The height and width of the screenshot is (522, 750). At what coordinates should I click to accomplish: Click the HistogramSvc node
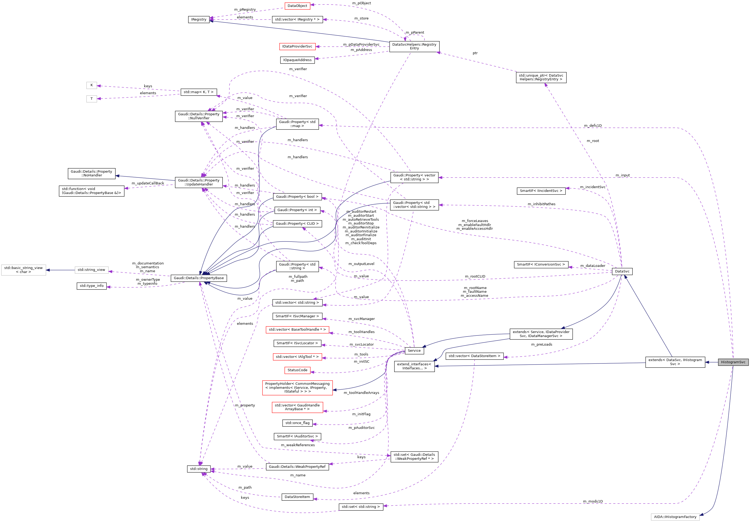click(733, 362)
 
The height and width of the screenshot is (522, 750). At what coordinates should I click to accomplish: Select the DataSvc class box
click(622, 271)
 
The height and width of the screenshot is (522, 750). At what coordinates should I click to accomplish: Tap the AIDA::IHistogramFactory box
click(675, 517)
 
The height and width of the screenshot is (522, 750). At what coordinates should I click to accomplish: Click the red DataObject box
click(297, 6)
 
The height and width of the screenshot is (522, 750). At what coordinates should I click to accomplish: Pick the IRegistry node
click(199, 19)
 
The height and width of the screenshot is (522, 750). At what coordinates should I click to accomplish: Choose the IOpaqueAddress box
click(297, 60)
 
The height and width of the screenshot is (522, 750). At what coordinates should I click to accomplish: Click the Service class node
click(414, 351)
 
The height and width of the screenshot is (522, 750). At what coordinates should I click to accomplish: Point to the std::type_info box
click(91, 286)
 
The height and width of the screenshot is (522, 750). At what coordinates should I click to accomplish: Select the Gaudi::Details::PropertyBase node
click(199, 278)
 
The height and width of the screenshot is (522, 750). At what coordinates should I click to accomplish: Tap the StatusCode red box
click(297, 370)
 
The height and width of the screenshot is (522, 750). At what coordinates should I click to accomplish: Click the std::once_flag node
click(297, 423)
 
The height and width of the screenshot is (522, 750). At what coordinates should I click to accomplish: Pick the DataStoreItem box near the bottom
click(297, 497)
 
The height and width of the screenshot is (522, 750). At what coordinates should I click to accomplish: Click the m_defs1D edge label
click(593, 126)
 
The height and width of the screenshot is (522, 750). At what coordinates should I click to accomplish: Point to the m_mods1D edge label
click(593, 501)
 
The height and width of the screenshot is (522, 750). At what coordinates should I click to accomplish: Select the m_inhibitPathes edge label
click(541, 204)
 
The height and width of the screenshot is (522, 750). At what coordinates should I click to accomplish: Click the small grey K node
click(91, 85)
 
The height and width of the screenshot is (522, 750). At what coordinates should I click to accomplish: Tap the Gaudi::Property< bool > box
click(297, 196)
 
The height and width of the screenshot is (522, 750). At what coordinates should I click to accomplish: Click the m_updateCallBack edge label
click(148, 183)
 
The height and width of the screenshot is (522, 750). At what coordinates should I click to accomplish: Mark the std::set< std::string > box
click(361, 507)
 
